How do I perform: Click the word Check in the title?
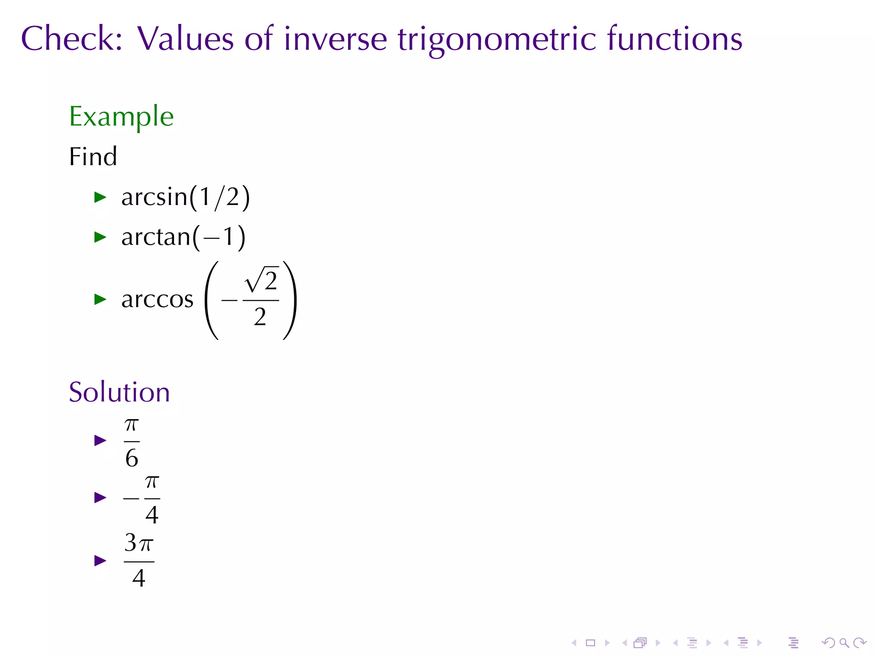click(71, 38)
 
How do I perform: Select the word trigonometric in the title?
click(496, 39)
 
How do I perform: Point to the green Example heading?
click(121, 116)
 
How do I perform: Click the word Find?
click(93, 156)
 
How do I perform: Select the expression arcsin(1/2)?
click(185, 197)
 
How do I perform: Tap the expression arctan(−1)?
click(183, 237)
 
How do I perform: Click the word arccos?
click(157, 299)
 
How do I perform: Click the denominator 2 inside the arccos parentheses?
click(260, 317)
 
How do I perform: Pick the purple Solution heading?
click(119, 392)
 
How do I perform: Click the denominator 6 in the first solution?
click(132, 458)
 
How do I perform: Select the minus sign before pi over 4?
click(131, 498)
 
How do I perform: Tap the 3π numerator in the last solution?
click(139, 544)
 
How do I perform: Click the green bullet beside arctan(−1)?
click(100, 237)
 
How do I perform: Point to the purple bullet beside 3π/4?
click(100, 560)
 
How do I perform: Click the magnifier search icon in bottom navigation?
click(844, 643)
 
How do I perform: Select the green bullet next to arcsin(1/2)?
click(100, 197)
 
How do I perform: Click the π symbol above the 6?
click(132, 425)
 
